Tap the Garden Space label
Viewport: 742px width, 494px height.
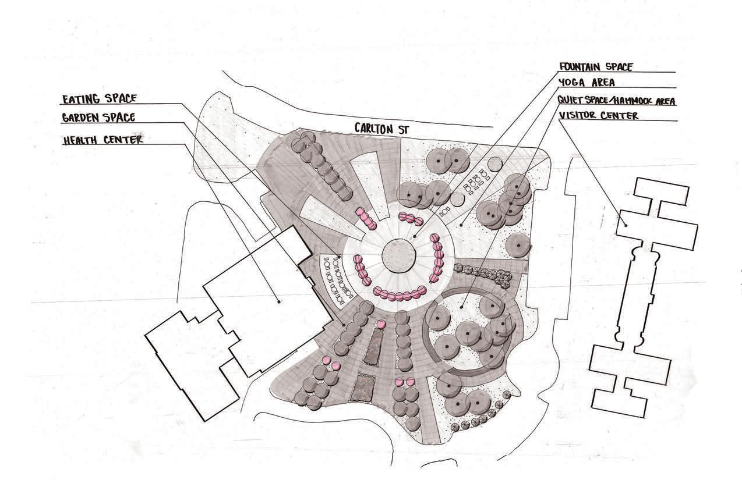click(98, 118)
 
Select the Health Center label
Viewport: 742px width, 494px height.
click(102, 140)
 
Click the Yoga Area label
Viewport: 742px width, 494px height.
click(586, 83)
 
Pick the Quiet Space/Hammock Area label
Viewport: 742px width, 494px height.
click(616, 101)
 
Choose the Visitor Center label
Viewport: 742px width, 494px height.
click(599, 115)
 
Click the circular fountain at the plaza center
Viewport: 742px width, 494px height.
click(399, 255)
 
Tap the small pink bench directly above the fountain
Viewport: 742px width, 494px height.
click(410, 219)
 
